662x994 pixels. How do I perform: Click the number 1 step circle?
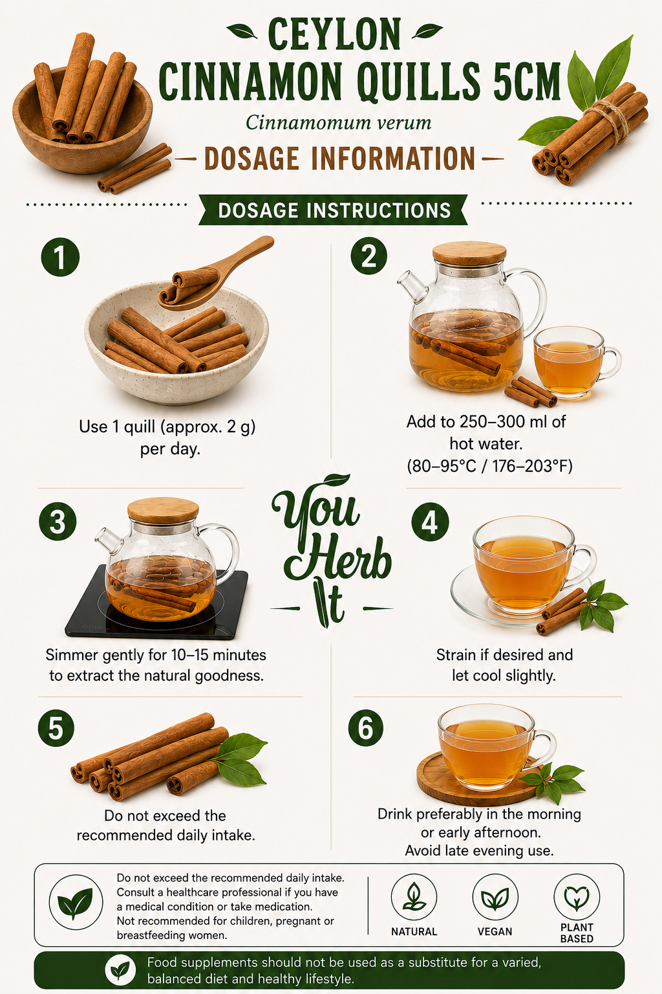click(60, 258)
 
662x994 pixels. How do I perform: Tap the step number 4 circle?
click(430, 522)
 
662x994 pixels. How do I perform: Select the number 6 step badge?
click(366, 728)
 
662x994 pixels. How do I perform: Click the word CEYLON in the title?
click(334, 34)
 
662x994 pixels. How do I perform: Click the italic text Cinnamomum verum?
click(338, 122)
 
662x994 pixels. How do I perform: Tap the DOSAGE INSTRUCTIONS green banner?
click(334, 210)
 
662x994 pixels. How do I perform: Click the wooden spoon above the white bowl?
click(216, 272)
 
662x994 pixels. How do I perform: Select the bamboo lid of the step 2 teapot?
click(469, 254)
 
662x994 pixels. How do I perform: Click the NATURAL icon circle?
click(414, 898)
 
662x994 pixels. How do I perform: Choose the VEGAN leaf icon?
click(495, 898)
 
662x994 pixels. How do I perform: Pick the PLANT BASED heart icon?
click(577, 898)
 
